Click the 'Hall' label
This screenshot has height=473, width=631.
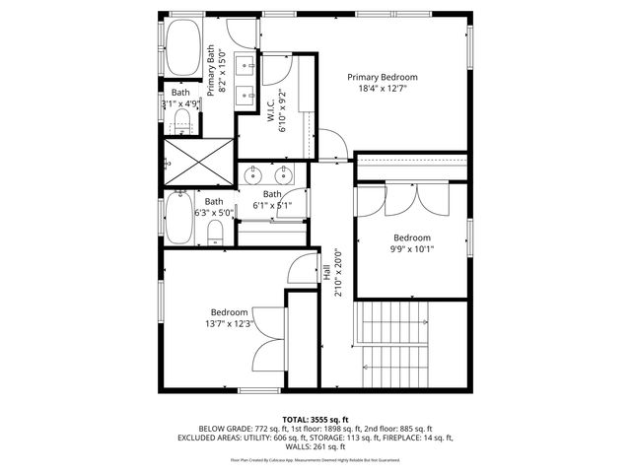326,273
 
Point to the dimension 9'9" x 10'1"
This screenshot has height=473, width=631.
412,249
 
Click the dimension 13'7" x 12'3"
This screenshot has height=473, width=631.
228,323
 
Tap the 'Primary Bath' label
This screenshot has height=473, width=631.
211,70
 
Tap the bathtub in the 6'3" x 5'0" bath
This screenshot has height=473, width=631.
178,218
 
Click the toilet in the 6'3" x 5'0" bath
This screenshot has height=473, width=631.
215,232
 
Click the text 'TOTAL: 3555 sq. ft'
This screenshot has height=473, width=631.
315,420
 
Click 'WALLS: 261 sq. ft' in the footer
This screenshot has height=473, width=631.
315,446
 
